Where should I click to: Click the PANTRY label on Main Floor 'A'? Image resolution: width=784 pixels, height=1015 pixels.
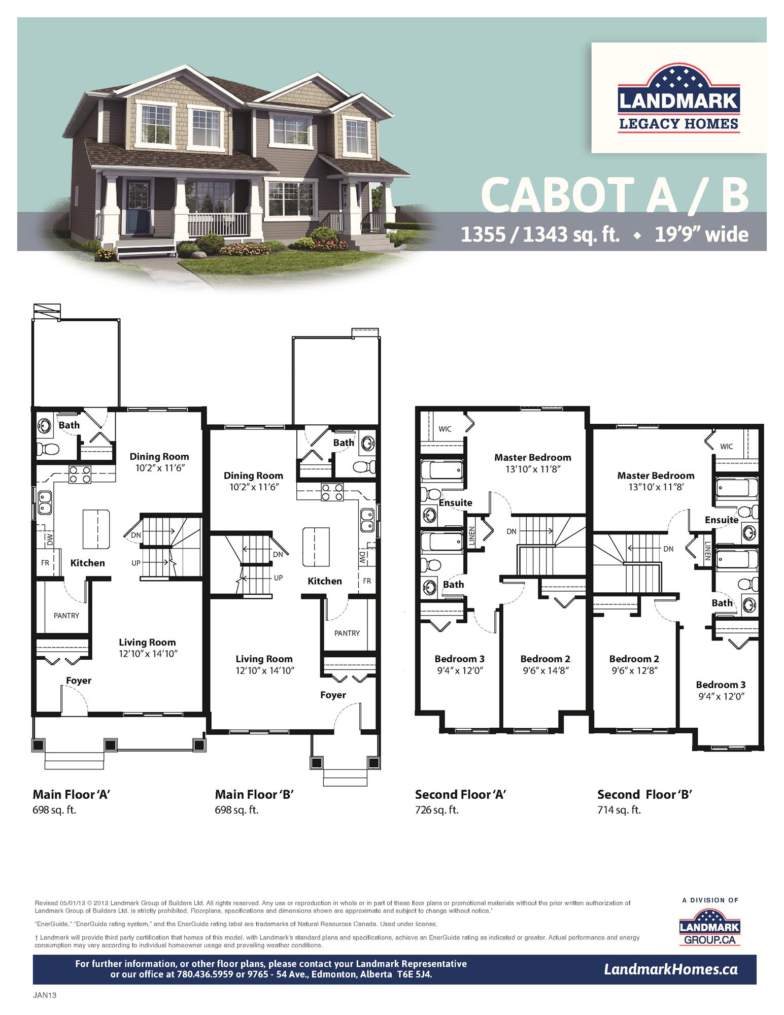point(66,616)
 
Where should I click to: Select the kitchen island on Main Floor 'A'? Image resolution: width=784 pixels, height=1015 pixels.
point(96,529)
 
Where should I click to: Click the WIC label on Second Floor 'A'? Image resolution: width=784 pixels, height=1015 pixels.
point(445,429)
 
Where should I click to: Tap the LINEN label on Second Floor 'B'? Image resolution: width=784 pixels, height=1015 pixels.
point(708,551)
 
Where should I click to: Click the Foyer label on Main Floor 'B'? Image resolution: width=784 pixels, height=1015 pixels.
point(333,695)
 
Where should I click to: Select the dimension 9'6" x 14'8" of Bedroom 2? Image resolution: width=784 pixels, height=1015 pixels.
point(545,670)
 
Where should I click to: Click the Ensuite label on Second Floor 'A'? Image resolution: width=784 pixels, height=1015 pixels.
point(455,502)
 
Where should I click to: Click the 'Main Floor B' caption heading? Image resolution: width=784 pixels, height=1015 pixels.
point(254,794)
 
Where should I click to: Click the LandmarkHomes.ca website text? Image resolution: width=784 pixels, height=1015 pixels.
point(670,969)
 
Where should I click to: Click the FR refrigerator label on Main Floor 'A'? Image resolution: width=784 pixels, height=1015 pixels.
point(45,563)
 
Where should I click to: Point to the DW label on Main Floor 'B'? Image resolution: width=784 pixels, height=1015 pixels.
point(362,558)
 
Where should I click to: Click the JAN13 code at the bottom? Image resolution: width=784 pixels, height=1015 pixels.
point(45,995)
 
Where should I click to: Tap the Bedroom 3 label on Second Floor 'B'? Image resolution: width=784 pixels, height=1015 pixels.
point(721,685)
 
